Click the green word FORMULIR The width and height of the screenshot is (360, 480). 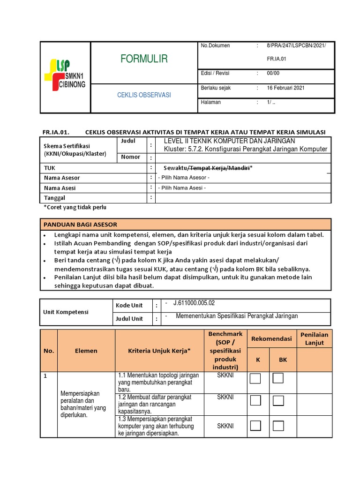pos(144,59)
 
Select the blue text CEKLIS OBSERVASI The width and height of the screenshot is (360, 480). pos(144,95)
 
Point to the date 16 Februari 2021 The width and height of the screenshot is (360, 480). pos(286,88)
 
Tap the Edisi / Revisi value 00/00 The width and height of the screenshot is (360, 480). pos(273,74)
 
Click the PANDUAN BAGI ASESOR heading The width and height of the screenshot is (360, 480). pos(80,224)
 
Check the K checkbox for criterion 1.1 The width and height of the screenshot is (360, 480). pos(255,378)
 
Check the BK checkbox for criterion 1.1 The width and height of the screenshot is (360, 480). pos(278,378)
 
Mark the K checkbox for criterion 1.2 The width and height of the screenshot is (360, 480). pos(255,400)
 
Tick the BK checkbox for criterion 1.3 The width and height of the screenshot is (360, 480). pos(278,426)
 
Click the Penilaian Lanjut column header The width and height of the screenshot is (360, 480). pos(314,339)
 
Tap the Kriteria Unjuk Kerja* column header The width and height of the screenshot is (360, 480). pos(159,351)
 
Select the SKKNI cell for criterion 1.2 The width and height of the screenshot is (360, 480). pos(225,397)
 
